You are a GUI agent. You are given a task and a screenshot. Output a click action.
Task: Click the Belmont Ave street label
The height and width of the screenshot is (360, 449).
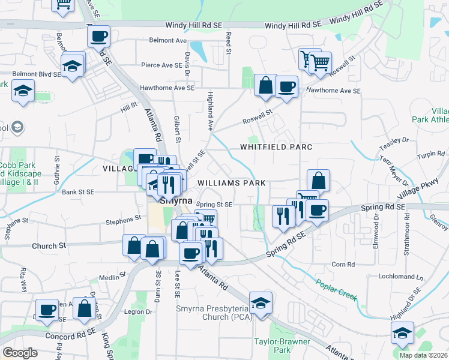[168, 41]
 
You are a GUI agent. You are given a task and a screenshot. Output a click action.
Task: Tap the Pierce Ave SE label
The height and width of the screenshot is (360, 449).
[161, 65]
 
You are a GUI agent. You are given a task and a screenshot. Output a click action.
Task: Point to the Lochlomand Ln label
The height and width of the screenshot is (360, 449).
[401, 277]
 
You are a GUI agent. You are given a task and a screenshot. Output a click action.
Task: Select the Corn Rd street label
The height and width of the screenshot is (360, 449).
[343, 263]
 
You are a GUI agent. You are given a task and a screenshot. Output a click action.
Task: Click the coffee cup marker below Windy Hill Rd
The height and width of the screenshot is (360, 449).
[98, 36]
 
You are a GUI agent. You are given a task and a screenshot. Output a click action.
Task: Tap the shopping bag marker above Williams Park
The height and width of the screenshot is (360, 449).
[318, 180]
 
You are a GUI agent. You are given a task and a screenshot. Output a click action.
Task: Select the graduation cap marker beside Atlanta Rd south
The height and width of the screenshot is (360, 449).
[261, 303]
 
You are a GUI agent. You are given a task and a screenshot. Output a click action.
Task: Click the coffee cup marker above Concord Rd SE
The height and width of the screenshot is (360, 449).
[47, 309]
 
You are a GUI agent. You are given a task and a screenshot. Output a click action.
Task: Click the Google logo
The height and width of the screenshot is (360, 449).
[20, 353]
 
